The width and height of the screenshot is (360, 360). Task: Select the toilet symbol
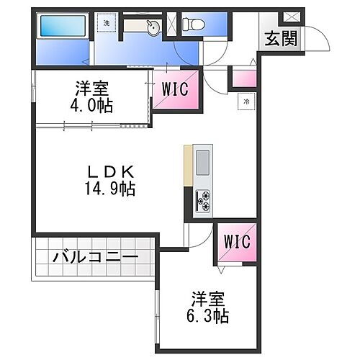(194, 25)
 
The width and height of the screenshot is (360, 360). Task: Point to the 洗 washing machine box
(107, 23)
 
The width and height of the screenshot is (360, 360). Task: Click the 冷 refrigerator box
(246, 102)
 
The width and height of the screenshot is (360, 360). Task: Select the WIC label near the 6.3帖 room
(237, 242)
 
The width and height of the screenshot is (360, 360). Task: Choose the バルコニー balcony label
(94, 257)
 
